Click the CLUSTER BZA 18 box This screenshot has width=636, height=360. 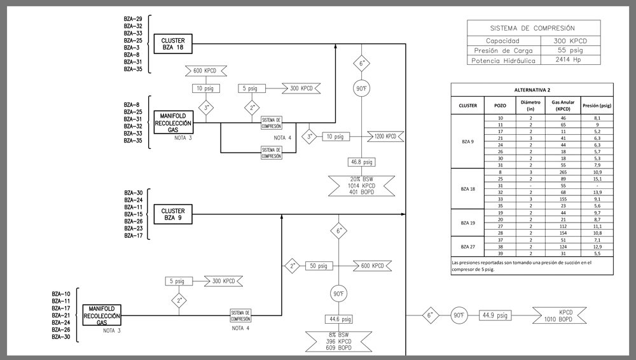click(x=173, y=44)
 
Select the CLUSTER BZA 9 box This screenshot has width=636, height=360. click(x=173, y=214)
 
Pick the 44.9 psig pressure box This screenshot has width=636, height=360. click(x=495, y=315)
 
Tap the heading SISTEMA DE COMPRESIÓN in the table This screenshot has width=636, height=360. click(x=532, y=29)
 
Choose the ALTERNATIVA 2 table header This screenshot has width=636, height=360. click(x=532, y=90)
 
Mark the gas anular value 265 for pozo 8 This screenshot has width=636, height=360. click(x=562, y=172)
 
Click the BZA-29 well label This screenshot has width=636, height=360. click(x=133, y=19)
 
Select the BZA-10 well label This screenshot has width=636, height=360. click(x=61, y=294)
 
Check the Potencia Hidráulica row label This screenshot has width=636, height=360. click(x=503, y=60)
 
